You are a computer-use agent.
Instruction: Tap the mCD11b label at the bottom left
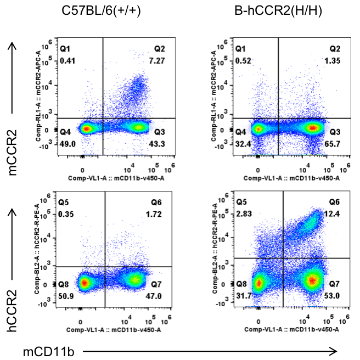pos(42,350)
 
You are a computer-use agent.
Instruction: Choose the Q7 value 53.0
pos(336,296)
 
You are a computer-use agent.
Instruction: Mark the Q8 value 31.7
pos(241,296)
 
